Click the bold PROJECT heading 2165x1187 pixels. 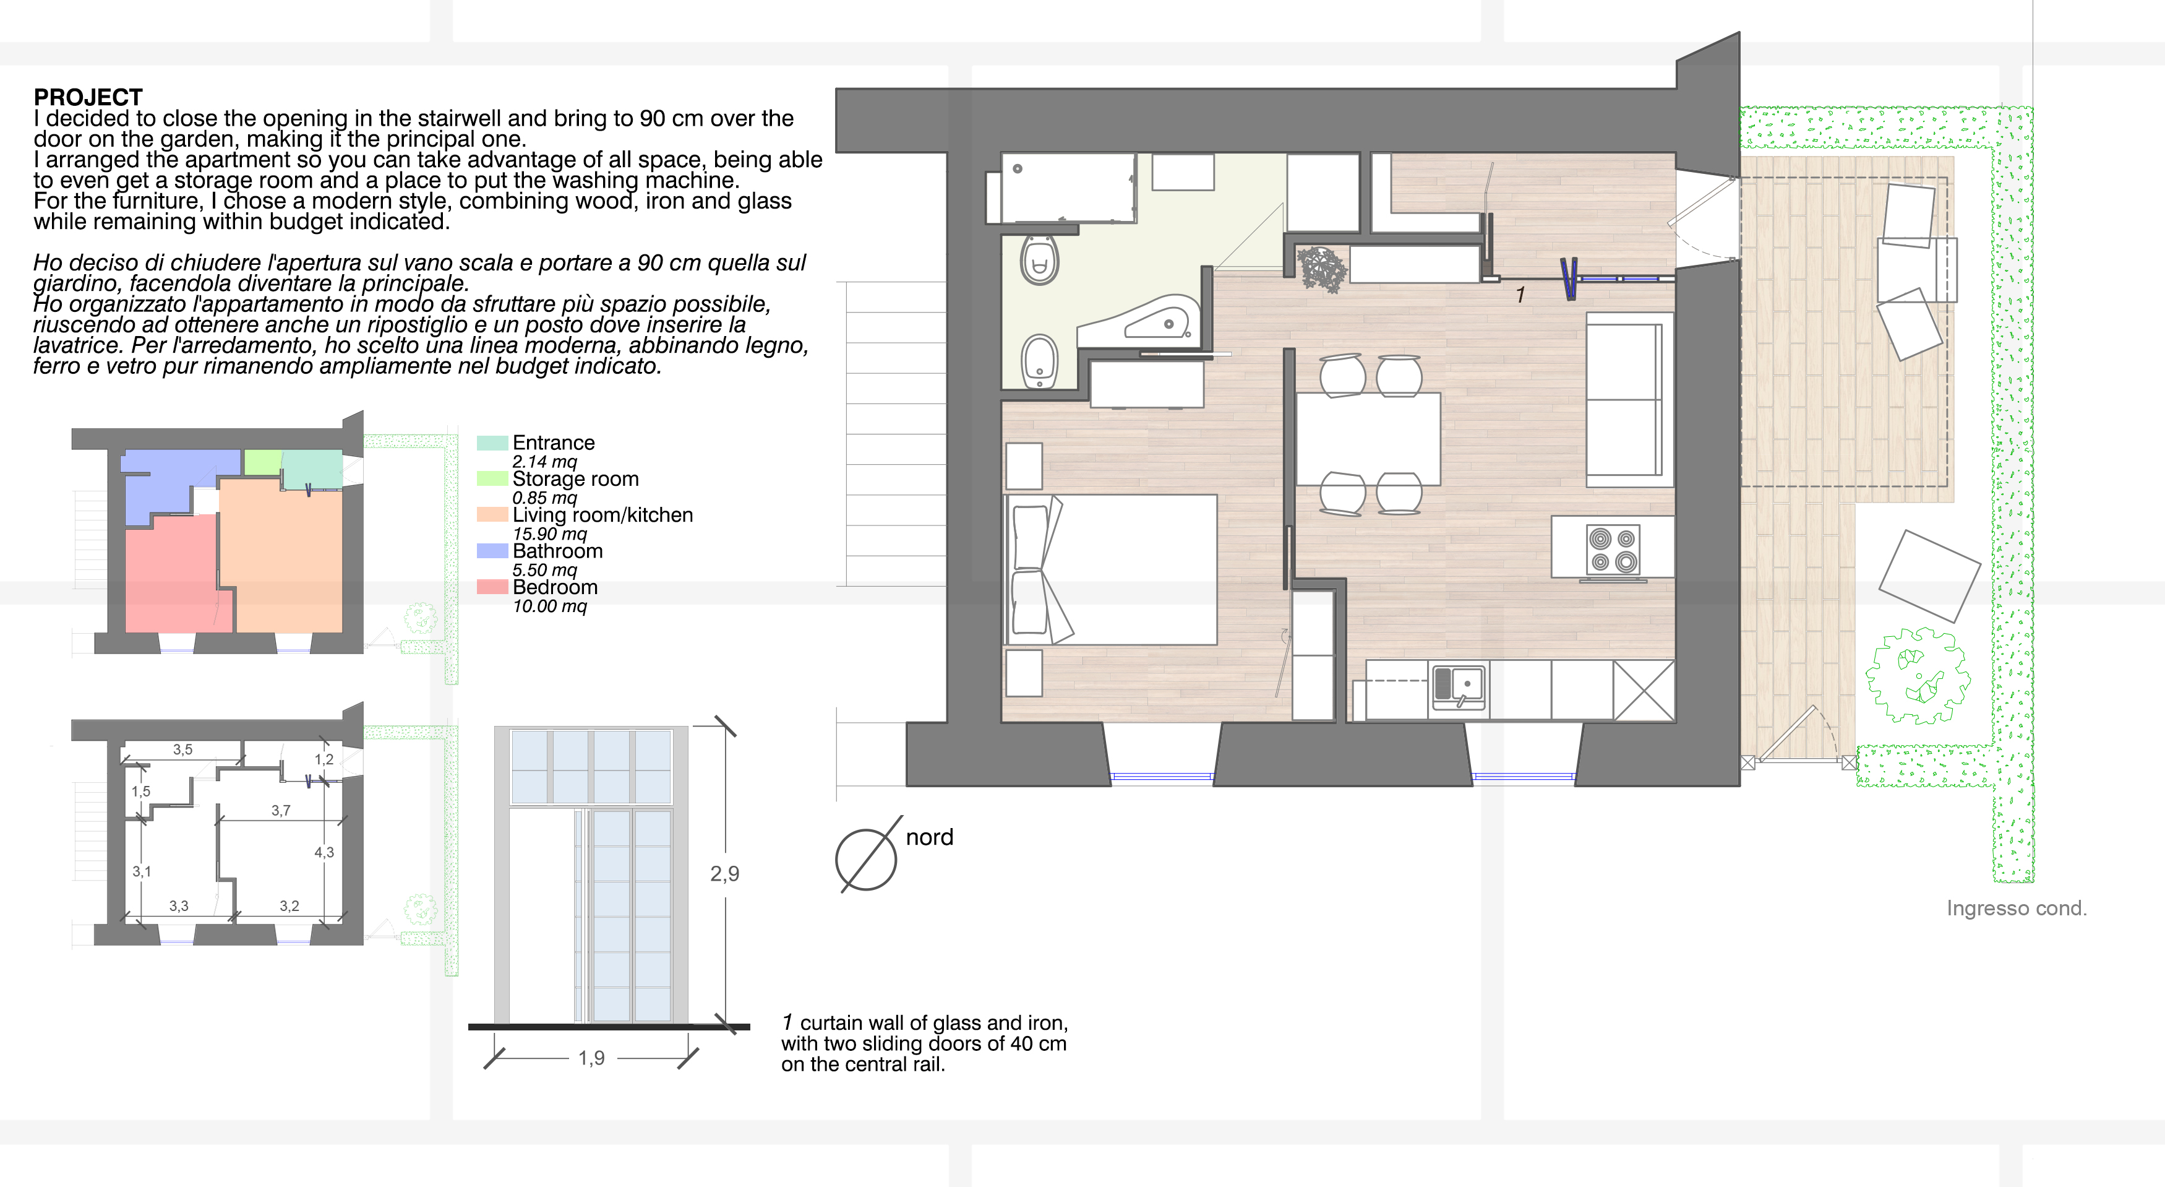[x=88, y=97]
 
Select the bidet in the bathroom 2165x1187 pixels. [x=1040, y=361]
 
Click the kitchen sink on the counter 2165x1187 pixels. [x=1458, y=688]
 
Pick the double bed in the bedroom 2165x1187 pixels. [x=1111, y=569]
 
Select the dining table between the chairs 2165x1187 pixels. [x=1368, y=439]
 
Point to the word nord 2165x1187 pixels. [x=930, y=837]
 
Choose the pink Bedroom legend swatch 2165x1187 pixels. [x=492, y=587]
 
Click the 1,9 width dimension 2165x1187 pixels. [x=592, y=1058]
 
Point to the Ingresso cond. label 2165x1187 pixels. [x=2017, y=909]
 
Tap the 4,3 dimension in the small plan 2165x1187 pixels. [x=324, y=852]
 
